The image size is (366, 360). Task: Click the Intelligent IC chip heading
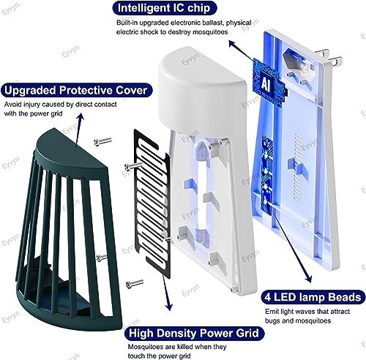coord(164,8)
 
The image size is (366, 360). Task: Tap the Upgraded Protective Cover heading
coord(76,90)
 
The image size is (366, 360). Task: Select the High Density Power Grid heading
coord(194,333)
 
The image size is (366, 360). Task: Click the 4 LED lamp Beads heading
coord(313,297)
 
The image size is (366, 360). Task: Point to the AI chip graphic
coord(269,82)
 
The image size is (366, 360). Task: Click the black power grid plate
coord(152,203)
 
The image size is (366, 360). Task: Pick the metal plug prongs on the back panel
coord(329,56)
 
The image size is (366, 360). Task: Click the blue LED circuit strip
coord(266,175)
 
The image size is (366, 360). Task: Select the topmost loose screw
coord(102,141)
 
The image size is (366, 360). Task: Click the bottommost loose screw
coord(135,284)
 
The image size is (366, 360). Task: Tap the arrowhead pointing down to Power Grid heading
coord(169,307)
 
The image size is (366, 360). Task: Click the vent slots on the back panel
coord(298,168)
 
